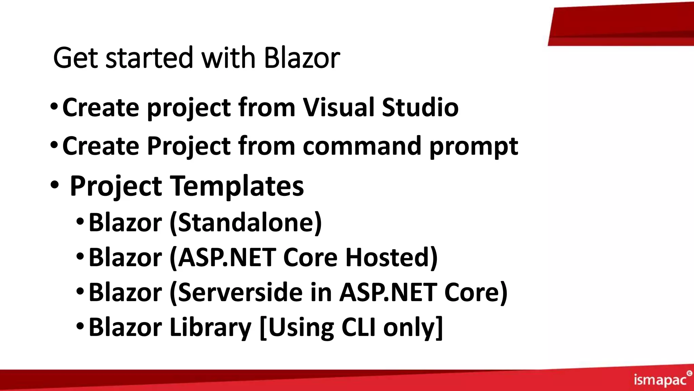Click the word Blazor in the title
(302, 58)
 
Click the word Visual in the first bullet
(339, 107)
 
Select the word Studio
(420, 107)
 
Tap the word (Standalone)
(246, 223)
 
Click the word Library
(210, 328)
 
